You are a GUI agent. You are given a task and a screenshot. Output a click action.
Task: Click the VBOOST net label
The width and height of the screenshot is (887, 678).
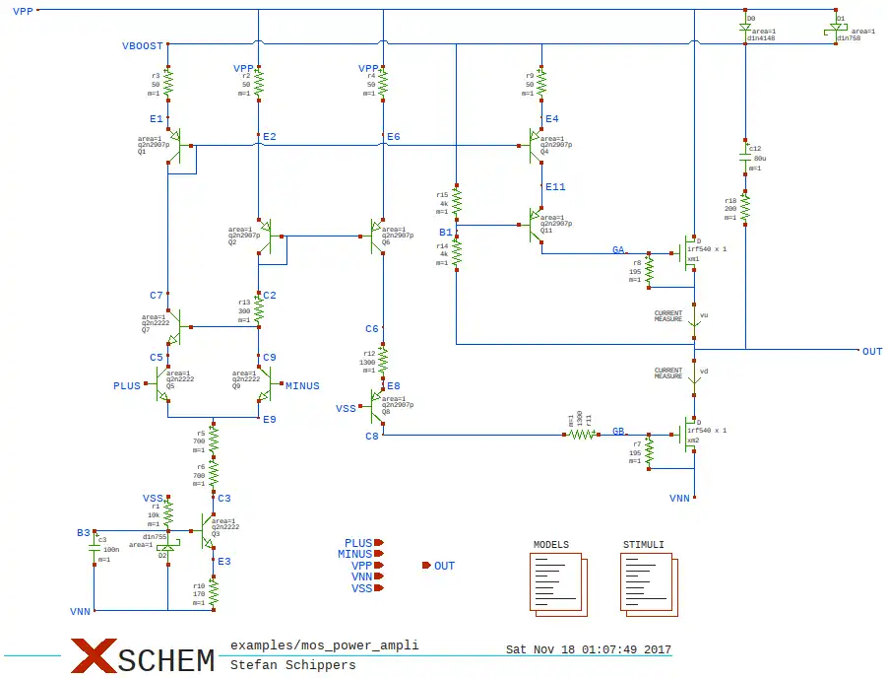[142, 46]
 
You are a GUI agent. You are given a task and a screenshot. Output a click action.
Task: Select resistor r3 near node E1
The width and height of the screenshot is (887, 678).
[168, 85]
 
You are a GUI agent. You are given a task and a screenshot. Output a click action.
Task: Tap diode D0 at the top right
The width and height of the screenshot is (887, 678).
[745, 28]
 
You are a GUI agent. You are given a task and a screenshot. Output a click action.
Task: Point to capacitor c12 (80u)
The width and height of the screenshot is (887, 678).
[745, 157]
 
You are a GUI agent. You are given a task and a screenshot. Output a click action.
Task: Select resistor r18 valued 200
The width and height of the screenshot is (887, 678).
[745, 208]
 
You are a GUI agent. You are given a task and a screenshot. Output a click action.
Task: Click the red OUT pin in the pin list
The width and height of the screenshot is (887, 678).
[427, 566]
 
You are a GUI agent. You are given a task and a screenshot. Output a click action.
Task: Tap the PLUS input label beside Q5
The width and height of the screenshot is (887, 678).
[127, 386]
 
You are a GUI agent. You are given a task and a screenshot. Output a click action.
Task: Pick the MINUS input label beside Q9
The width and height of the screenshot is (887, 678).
[302, 386]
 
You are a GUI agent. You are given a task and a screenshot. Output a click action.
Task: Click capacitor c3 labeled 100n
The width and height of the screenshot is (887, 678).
[95, 549]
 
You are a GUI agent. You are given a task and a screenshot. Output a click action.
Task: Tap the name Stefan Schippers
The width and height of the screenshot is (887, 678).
[292, 665]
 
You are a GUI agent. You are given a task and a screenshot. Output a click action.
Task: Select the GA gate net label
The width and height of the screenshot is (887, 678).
[618, 250]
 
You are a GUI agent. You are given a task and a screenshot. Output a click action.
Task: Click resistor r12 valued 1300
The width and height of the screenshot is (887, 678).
[383, 360]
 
